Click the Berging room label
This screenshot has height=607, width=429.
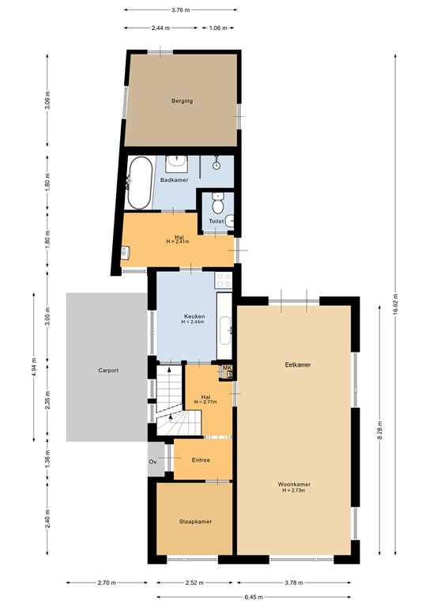click(183, 101)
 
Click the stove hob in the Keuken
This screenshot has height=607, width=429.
click(224, 280)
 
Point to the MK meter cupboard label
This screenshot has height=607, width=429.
click(227, 368)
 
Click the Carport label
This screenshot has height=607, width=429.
click(108, 370)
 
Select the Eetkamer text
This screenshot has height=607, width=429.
click(298, 365)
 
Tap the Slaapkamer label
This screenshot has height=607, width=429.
click(194, 522)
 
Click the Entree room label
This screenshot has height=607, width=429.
click(201, 459)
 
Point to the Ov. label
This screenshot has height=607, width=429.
click(153, 462)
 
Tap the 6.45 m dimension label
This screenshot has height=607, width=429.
click(254, 597)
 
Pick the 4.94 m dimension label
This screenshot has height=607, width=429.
click(33, 367)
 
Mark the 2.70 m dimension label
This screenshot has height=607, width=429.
click(107, 583)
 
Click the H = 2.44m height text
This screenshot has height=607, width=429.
click(193, 322)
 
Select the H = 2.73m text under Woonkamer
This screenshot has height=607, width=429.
click(293, 491)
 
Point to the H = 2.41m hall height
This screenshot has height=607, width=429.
click(179, 241)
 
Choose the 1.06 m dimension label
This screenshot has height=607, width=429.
click(217, 28)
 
